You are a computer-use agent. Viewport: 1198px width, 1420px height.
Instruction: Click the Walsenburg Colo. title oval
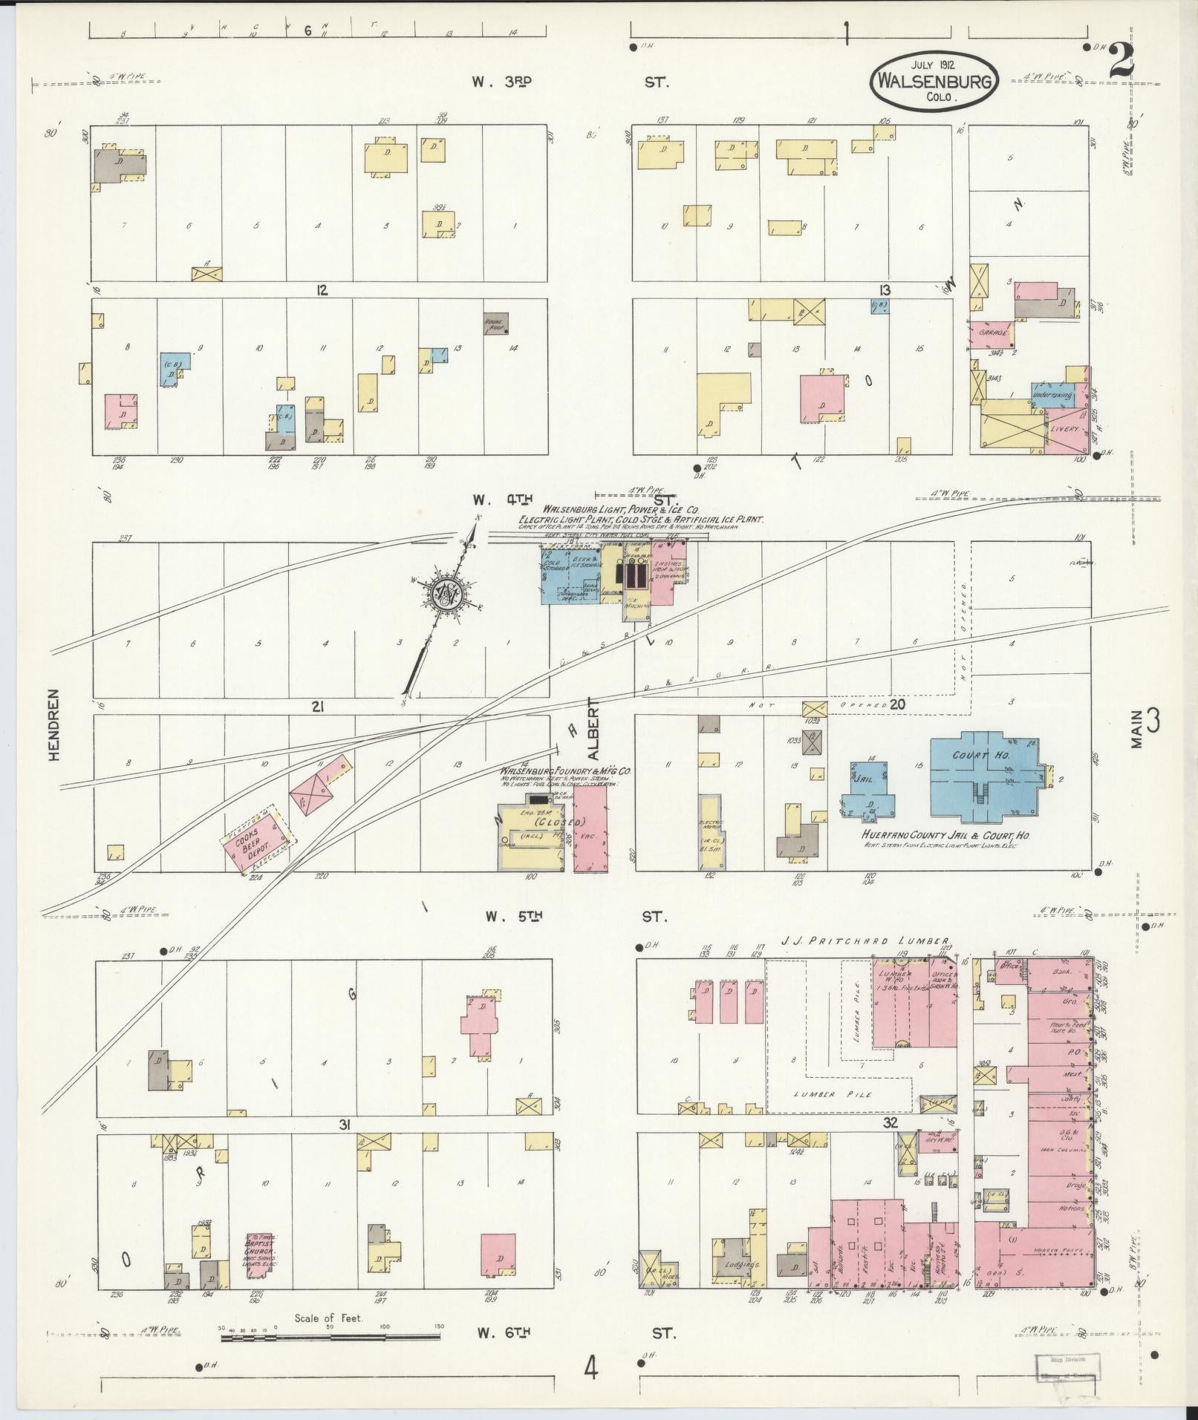(934, 81)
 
